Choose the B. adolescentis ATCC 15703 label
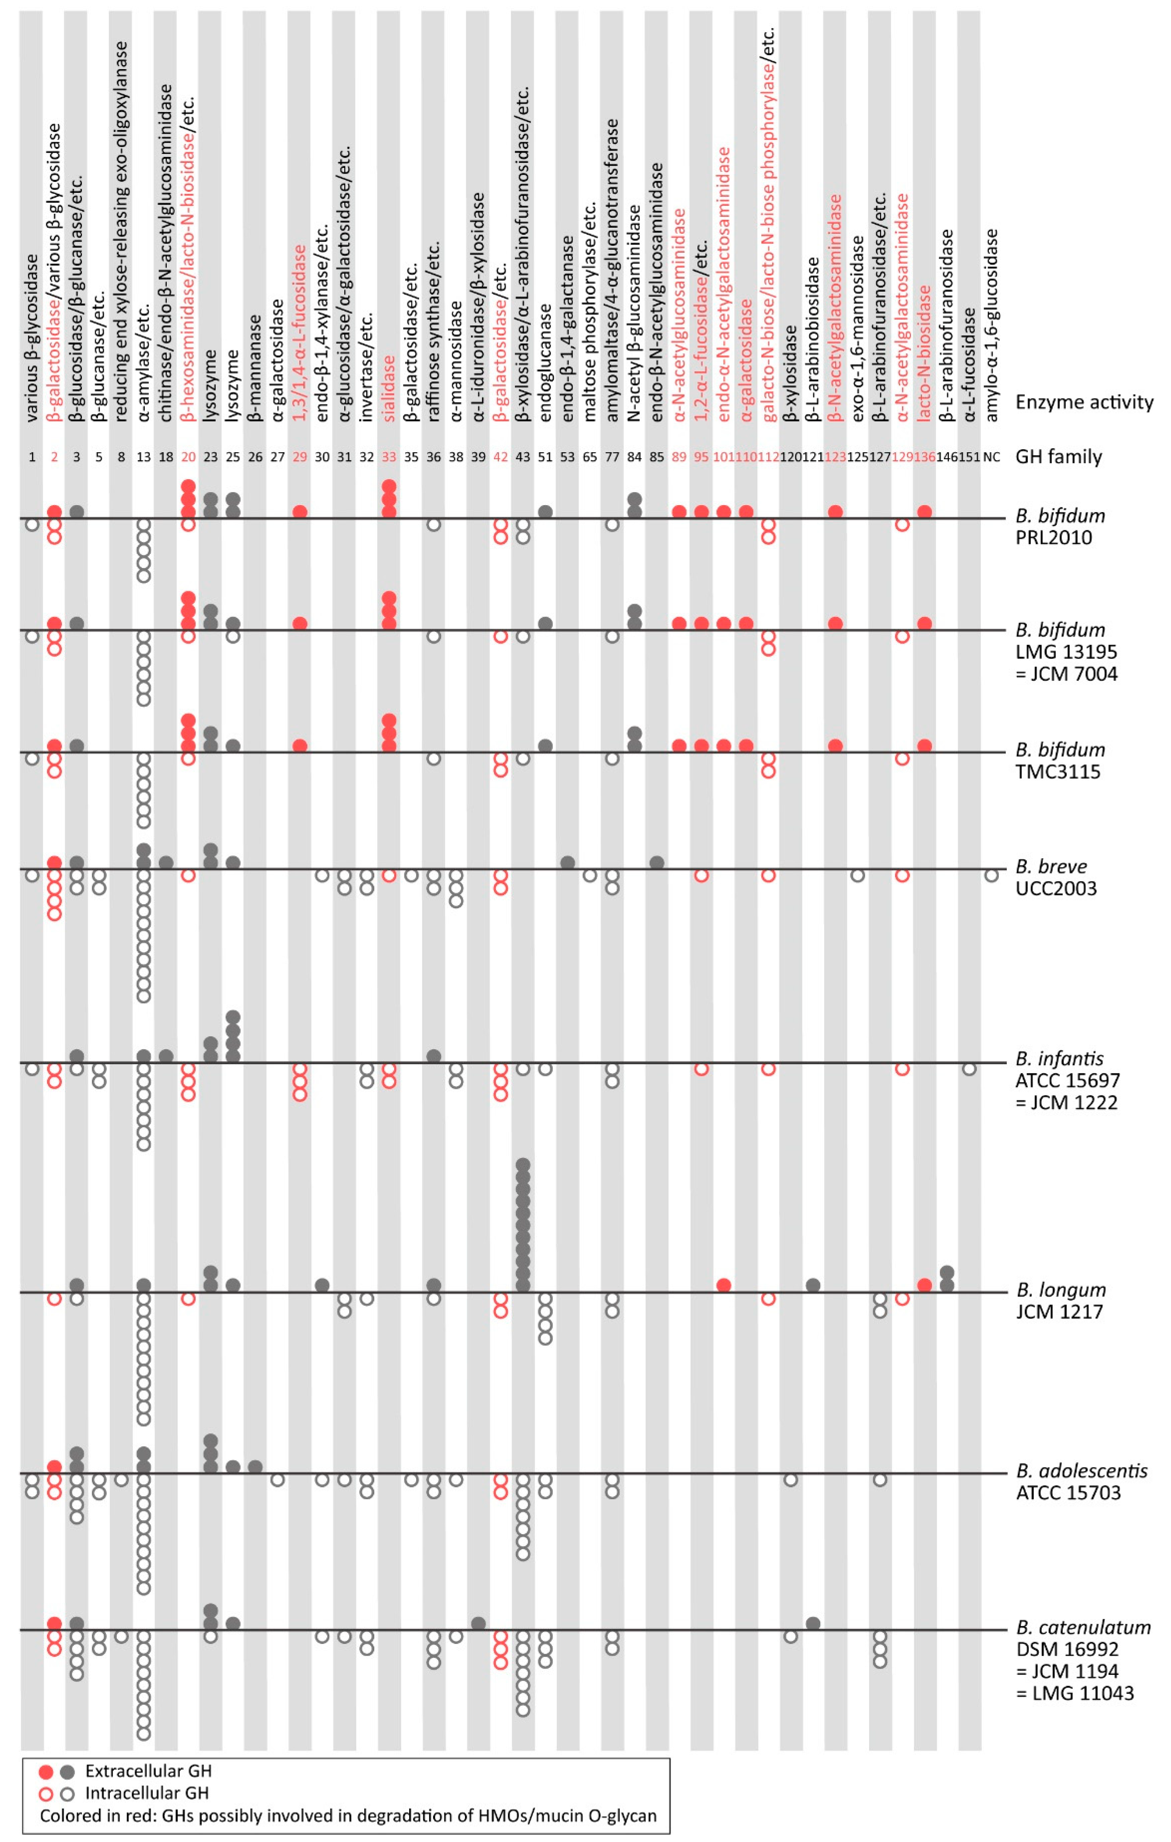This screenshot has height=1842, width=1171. (1081, 1482)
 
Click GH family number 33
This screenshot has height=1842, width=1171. (389, 457)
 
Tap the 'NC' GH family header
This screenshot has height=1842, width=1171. (991, 457)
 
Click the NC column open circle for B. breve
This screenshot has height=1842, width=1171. (991, 875)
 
